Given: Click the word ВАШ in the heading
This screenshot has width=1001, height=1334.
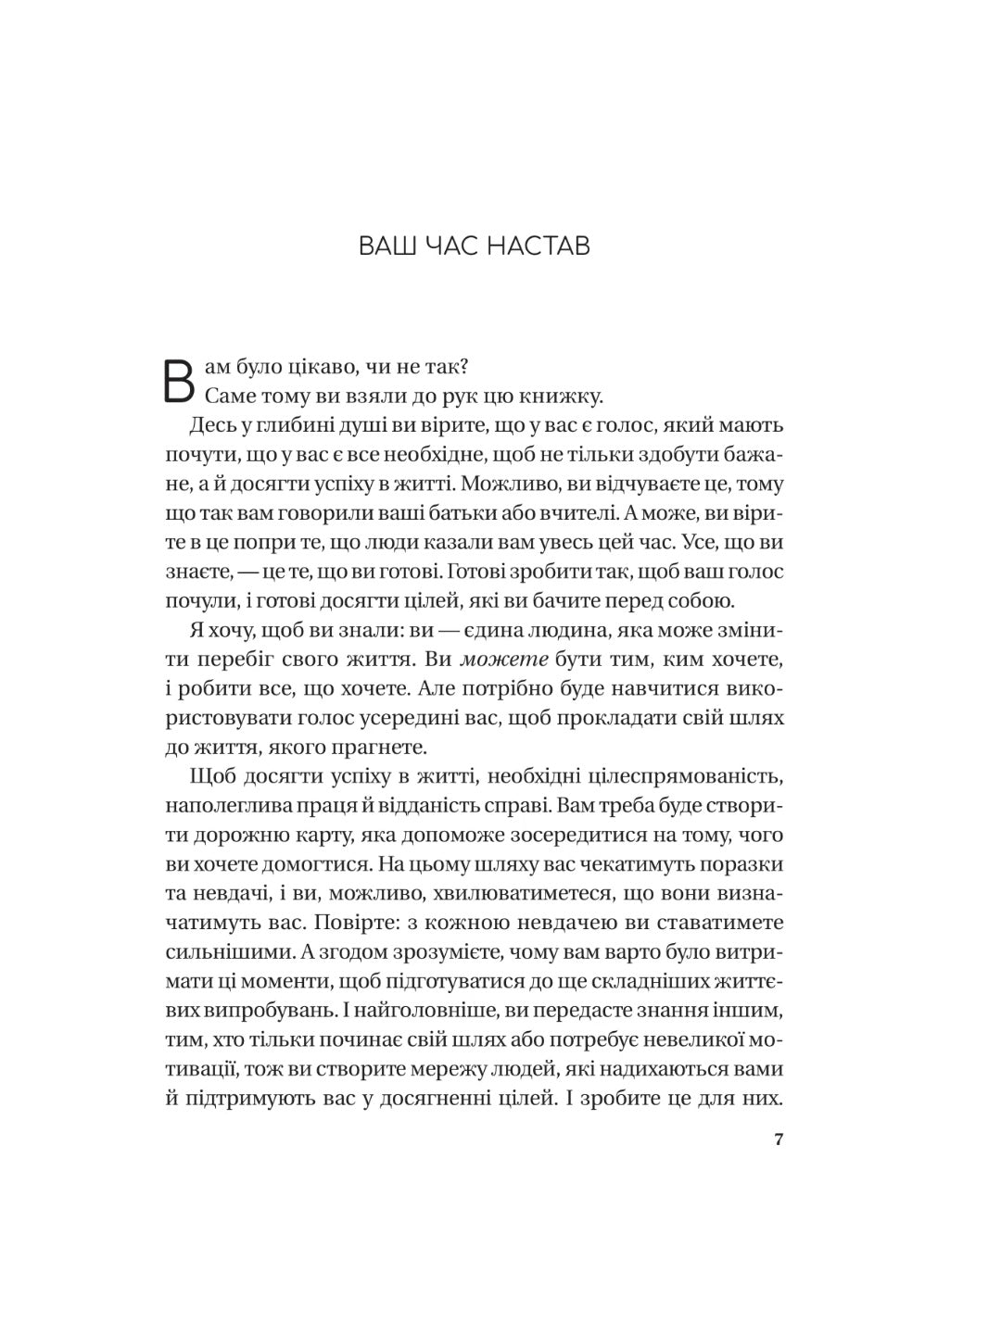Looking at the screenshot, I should coord(387,248).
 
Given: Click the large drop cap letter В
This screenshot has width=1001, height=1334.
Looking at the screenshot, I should coord(181,381).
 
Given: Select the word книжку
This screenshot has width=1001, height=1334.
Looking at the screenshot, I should coord(558,396).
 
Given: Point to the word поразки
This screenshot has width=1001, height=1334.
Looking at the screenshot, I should coord(738,864).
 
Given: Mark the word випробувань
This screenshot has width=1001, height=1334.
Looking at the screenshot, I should coord(278,1011).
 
